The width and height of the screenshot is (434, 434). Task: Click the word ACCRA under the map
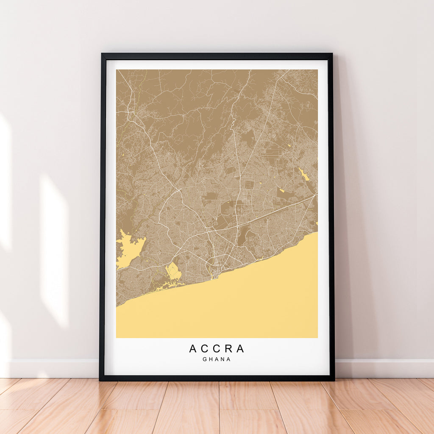click(x=217, y=349)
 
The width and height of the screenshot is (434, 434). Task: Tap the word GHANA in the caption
click(x=217, y=359)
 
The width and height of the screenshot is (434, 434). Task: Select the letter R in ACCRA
click(x=228, y=349)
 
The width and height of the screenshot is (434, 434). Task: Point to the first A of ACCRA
click(x=193, y=349)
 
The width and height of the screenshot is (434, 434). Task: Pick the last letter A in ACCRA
click(x=240, y=349)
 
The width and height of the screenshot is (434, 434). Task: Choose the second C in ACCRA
click(x=217, y=349)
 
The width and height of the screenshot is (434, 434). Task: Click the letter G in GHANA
click(x=205, y=359)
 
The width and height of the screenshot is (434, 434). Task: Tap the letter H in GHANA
click(x=211, y=359)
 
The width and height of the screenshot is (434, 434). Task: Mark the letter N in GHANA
click(x=223, y=359)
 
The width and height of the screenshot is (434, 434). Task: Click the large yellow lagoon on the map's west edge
click(x=128, y=249)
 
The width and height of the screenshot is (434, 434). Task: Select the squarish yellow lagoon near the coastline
click(x=173, y=271)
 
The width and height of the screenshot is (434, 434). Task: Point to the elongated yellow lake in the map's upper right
click(x=304, y=174)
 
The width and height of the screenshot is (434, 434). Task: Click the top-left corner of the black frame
click(x=102, y=54)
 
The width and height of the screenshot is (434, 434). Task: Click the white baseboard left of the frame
click(x=51, y=368)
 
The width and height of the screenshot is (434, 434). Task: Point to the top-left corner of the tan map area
click(x=117, y=70)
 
